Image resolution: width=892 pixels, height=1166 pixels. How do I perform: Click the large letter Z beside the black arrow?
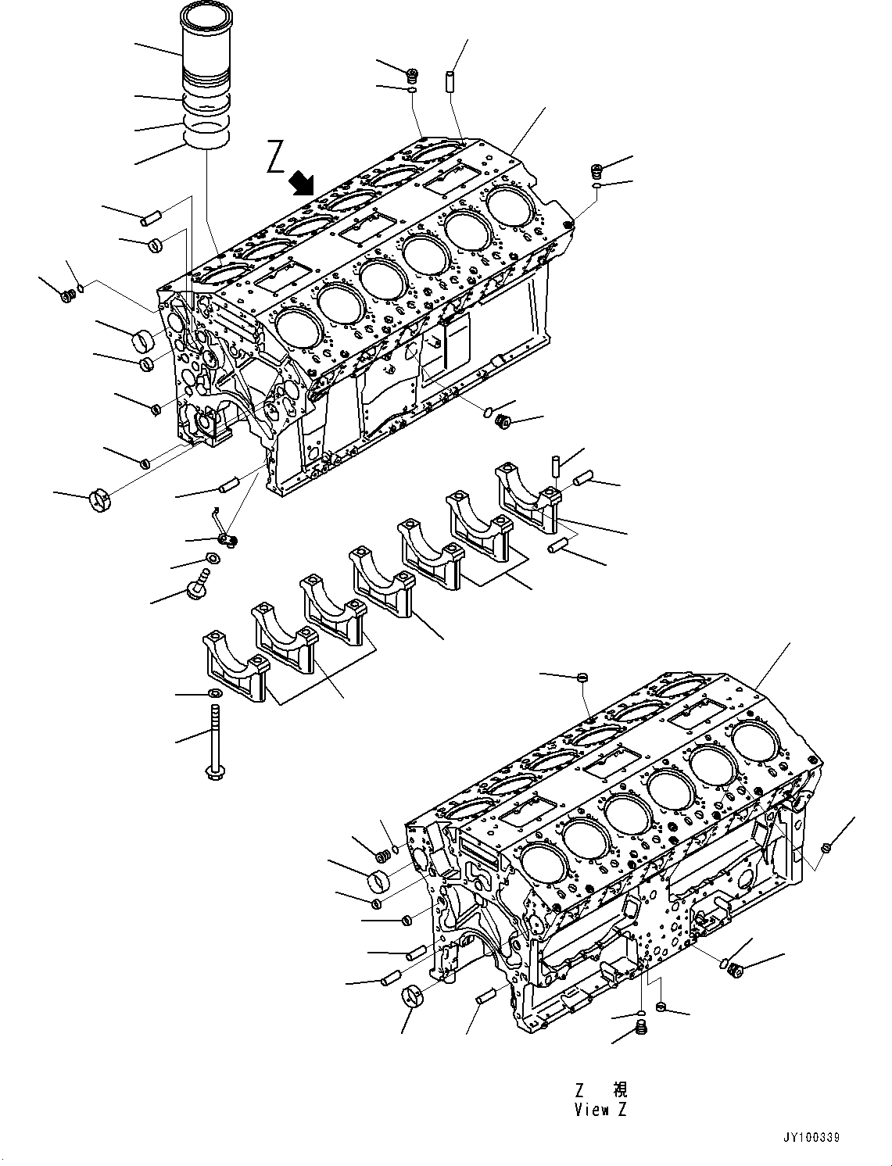276,156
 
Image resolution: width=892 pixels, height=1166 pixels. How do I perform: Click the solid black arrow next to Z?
300,184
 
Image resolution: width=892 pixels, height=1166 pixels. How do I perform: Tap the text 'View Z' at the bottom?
600,1109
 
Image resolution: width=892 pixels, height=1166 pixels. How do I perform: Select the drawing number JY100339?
810,1139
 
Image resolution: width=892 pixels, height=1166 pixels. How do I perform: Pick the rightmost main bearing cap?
528,495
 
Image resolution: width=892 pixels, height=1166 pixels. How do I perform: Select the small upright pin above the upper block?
451,80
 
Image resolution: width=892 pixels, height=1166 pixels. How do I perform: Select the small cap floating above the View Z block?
582,677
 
